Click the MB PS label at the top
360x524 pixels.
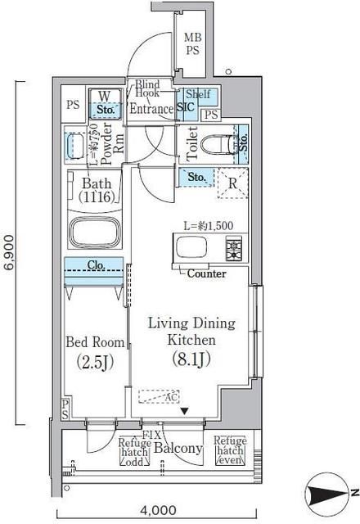192,43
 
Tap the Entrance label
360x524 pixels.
151,109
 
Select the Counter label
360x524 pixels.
206,273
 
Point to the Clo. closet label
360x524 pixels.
97,265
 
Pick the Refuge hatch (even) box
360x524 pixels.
230,451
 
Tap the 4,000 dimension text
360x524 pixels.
160,508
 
